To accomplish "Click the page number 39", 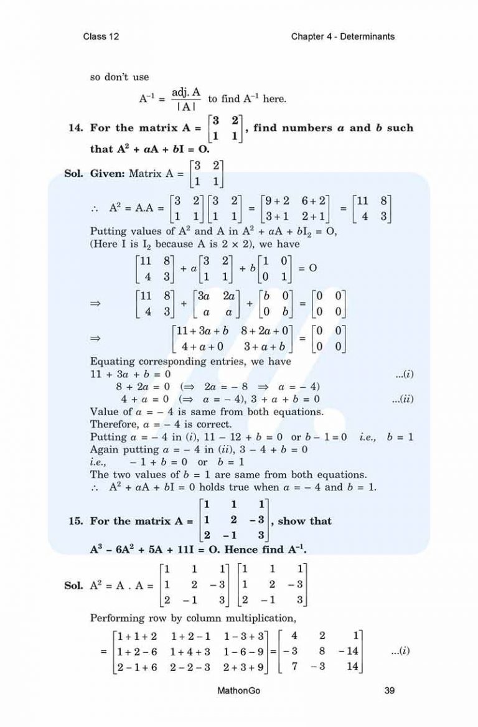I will click(x=386, y=690).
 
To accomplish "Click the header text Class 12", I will click(x=101, y=37).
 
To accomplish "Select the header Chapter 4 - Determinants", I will click(x=342, y=37).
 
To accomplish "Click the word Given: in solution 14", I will click(x=108, y=174).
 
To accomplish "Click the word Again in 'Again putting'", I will click(x=105, y=449).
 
